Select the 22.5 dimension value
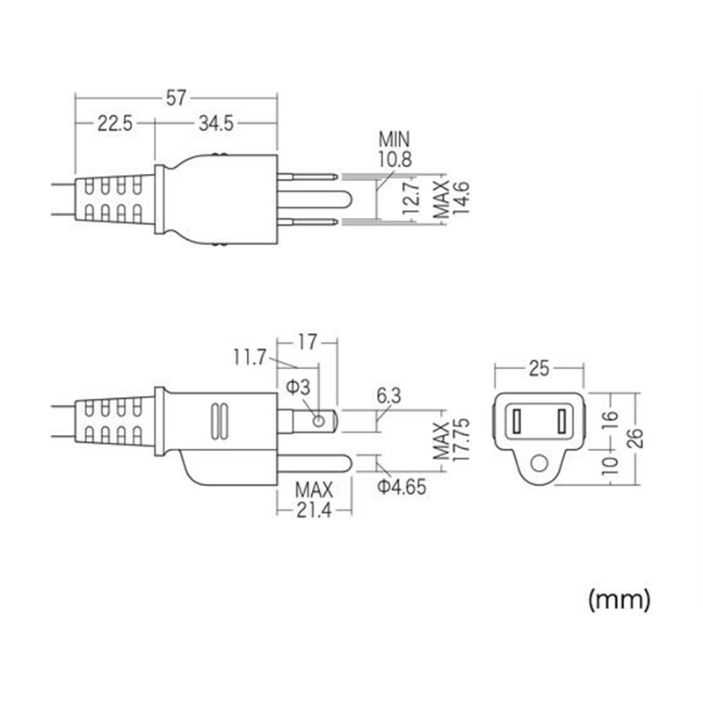[114, 124]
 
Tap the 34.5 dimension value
[215, 124]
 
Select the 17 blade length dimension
[307, 339]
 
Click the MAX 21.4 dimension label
[313, 498]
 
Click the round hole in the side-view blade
[319, 421]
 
